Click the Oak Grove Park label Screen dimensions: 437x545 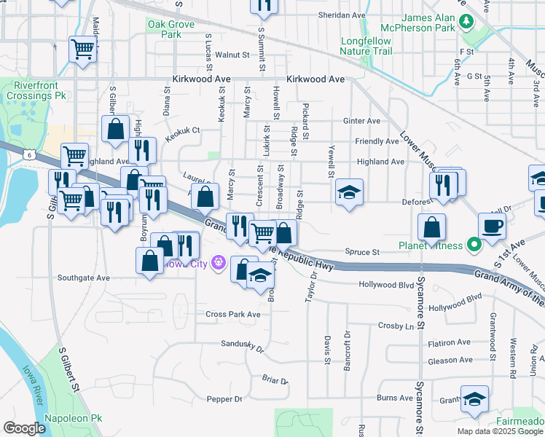coord(164,28)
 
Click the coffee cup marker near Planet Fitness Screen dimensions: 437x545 coord(491,225)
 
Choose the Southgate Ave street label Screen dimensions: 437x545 coord(83,277)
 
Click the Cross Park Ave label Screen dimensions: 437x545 coord(232,314)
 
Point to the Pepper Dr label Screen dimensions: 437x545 coord(224,399)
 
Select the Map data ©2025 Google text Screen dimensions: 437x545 coord(499,431)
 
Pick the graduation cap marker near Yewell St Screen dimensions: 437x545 coord(349,192)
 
